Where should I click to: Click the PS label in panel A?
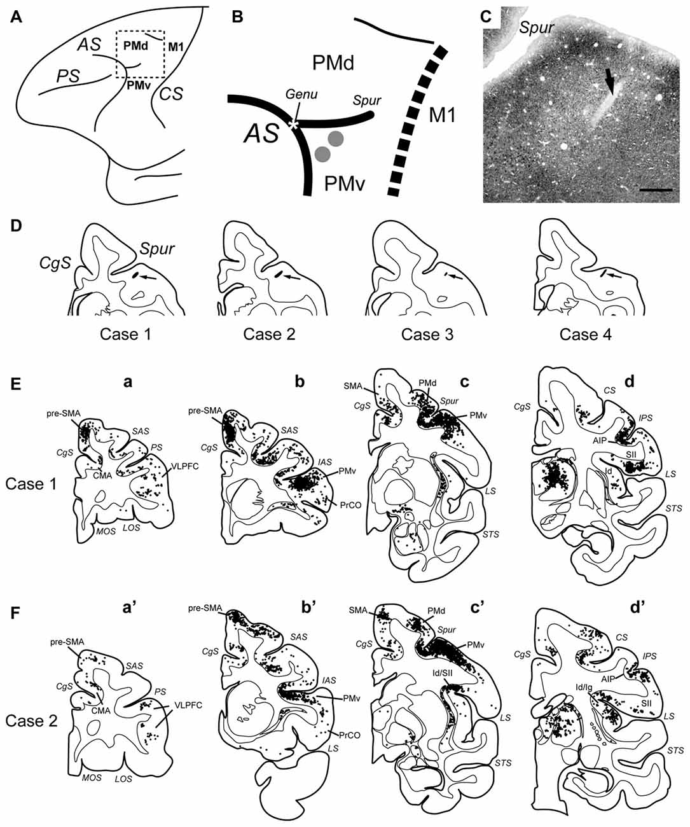[66, 76]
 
